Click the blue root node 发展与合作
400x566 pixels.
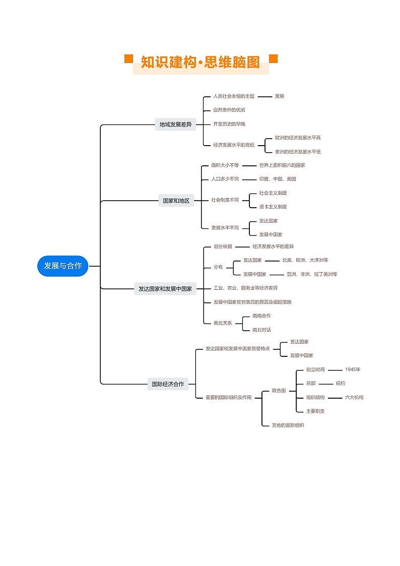(x=62, y=266)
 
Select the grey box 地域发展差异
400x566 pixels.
(x=175, y=124)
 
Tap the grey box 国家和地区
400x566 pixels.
(x=176, y=201)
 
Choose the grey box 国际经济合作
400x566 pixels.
(x=168, y=384)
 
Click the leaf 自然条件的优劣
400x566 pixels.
(x=229, y=110)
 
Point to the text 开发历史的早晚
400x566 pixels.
(x=229, y=124)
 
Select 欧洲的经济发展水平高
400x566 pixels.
(x=298, y=138)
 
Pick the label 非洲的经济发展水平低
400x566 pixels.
(x=298, y=152)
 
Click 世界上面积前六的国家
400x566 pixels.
(x=282, y=165)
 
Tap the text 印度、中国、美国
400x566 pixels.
(x=278, y=179)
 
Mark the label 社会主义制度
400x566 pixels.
(x=273, y=193)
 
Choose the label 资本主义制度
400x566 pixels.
(x=273, y=207)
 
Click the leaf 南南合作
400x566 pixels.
(x=261, y=316)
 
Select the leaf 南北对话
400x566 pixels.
(x=261, y=330)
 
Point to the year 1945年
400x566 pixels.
(x=353, y=369)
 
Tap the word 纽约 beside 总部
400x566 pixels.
(x=341, y=384)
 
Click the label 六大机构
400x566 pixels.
(x=354, y=397)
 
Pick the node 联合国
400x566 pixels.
(x=279, y=391)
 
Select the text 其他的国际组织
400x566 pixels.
(x=288, y=425)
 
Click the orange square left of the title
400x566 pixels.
(x=128, y=59)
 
